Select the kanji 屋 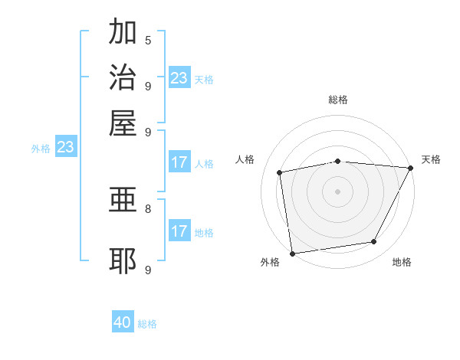coord(123,123)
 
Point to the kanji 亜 coord(123,201)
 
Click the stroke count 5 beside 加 coord(148,40)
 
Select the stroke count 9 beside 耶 coord(148,270)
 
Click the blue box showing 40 coord(123,322)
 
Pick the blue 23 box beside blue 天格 coord(179,77)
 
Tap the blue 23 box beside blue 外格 coord(65,147)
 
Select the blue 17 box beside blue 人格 coord(179,162)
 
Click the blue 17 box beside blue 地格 coord(179,231)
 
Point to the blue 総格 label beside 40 coord(147,324)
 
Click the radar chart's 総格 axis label coord(338,100)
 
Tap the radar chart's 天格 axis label coord(431,159)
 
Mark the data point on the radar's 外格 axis coord(292,253)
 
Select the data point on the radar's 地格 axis coord(374,242)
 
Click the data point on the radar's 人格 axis coord(280,172)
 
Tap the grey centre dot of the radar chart coord(337,191)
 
